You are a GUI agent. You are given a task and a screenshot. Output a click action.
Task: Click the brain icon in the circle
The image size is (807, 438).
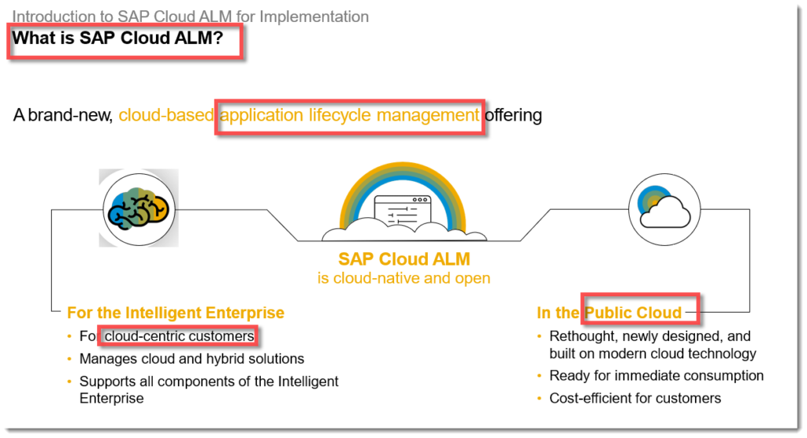coord(139,209)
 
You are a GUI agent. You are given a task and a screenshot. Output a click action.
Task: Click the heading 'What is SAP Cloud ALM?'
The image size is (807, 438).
coord(117,38)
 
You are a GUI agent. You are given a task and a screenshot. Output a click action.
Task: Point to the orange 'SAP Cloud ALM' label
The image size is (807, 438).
coord(404,259)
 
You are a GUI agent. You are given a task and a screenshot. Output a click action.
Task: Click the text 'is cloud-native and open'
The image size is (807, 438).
coord(403,278)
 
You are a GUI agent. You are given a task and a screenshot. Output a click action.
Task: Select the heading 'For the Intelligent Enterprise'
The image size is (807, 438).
coord(176,313)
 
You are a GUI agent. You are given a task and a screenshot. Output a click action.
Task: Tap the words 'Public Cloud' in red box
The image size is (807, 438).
coord(633,313)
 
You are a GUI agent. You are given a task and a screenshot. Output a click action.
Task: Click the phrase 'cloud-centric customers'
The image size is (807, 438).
coord(180,336)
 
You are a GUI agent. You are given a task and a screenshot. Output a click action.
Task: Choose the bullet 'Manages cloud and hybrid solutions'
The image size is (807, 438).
coord(192,358)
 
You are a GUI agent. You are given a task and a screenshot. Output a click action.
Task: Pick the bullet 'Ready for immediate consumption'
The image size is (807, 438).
coord(656,376)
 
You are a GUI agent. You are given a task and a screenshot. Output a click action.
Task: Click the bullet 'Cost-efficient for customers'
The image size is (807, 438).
coord(635,399)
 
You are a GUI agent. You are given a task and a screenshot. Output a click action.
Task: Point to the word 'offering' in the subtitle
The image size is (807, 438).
coord(513,115)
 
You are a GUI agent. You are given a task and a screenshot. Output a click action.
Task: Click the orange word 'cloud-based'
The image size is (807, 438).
coord(166,115)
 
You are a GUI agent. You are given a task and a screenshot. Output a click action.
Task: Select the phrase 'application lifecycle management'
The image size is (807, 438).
coord(349,115)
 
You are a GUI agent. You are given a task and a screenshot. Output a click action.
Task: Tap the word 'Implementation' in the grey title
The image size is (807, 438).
coord(314,17)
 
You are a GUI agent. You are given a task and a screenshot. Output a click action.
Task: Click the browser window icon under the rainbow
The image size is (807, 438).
coord(403,211)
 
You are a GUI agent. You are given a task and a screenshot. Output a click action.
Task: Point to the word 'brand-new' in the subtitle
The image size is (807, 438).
coord(70,115)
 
